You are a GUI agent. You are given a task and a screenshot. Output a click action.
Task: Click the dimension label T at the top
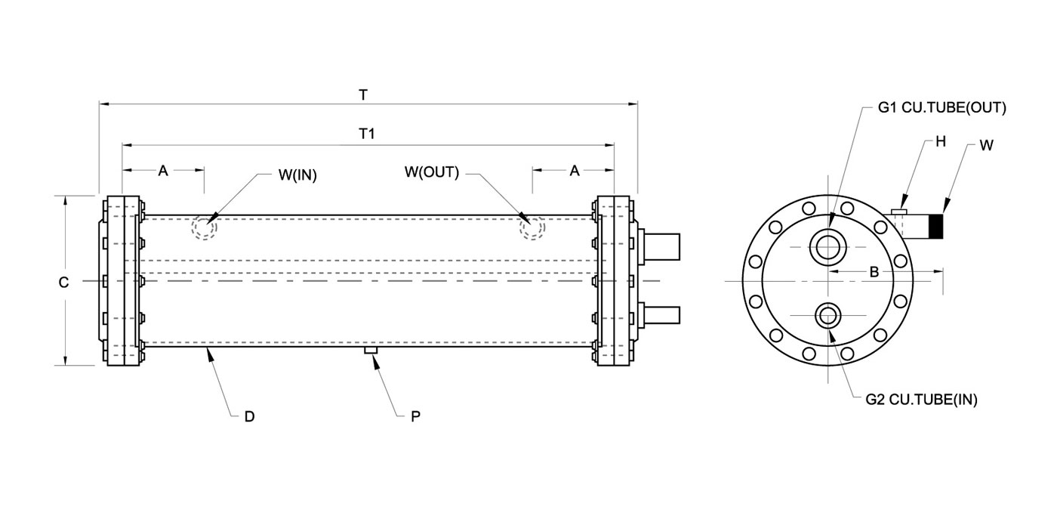click(x=363, y=95)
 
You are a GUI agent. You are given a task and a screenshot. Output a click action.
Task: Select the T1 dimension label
click(x=367, y=134)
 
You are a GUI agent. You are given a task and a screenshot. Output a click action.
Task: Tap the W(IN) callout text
click(x=297, y=175)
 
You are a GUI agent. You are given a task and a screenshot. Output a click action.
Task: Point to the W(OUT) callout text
click(x=432, y=172)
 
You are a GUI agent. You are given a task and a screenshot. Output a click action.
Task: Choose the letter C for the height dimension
click(x=63, y=283)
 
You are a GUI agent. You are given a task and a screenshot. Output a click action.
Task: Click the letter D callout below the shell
click(x=250, y=416)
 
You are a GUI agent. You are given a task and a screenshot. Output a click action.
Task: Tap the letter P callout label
click(x=415, y=416)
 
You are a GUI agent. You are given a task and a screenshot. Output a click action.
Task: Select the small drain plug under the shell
click(x=371, y=350)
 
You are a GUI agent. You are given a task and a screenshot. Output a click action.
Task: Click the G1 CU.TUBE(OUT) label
click(x=942, y=107)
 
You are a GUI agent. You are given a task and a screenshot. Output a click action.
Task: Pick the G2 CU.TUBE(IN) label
click(x=922, y=400)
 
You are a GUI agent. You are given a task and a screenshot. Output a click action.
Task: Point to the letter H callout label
click(x=941, y=142)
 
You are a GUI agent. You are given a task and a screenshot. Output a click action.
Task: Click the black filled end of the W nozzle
click(x=936, y=226)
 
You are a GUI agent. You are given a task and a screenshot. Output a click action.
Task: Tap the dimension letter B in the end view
click(x=874, y=273)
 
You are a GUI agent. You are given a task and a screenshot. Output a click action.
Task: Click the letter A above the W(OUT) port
click(x=575, y=171)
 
